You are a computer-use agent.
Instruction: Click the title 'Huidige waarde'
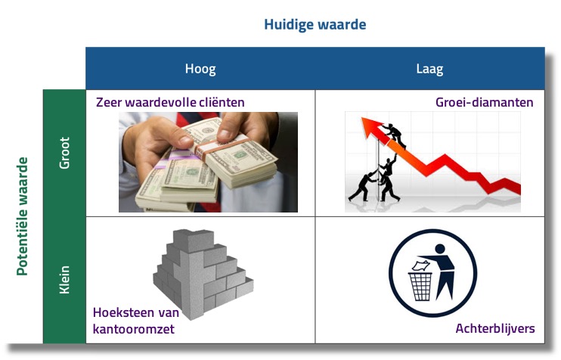(x=315, y=25)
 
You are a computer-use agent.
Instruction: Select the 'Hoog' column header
(x=200, y=69)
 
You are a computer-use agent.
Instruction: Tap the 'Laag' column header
(x=429, y=69)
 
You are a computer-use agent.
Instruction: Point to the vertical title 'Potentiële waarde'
(x=22, y=216)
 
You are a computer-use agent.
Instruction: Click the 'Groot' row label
(x=64, y=153)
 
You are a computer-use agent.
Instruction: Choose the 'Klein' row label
(x=64, y=280)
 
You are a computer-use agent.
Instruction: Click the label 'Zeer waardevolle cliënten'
(x=170, y=102)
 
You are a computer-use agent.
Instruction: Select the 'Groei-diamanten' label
(x=485, y=102)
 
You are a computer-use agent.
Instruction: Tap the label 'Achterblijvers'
(x=495, y=328)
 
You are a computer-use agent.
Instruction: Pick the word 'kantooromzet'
(x=134, y=329)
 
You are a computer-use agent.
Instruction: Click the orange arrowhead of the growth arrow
(x=373, y=128)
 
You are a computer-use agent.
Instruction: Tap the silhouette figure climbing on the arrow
(x=395, y=135)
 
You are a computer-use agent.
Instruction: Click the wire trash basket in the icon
(x=420, y=287)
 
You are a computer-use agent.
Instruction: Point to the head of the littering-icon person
(x=440, y=249)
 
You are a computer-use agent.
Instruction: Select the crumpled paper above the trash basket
(x=420, y=265)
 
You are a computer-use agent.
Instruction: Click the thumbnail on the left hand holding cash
(x=186, y=141)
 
